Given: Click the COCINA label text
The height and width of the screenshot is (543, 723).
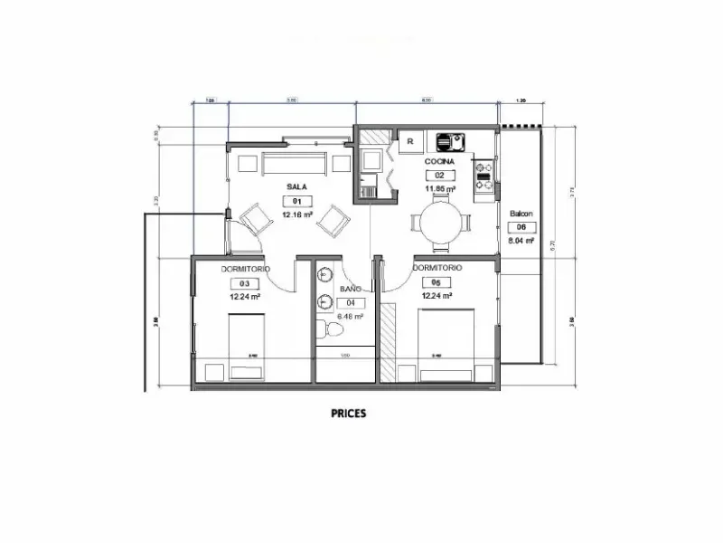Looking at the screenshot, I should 440,161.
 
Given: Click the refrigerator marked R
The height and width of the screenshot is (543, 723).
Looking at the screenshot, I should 410,141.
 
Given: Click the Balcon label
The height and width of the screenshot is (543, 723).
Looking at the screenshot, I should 521,214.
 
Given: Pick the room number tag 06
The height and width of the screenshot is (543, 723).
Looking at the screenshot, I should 521,228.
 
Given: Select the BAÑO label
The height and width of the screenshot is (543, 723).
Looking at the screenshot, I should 350,290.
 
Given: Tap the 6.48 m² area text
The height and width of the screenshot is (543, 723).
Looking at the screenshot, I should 350,317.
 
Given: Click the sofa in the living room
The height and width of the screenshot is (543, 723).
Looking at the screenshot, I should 294,164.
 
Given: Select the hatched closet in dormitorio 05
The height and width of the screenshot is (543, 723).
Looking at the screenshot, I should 389,344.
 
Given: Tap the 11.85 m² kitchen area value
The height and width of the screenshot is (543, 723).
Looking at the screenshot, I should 440,188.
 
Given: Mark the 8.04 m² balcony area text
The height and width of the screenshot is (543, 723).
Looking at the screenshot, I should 521,242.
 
